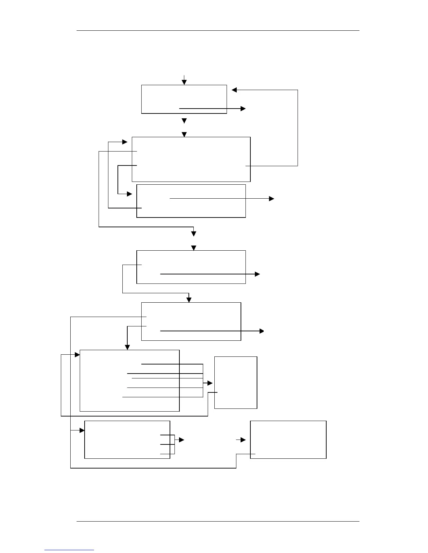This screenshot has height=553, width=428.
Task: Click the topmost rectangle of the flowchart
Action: pyautogui.click(x=184, y=99)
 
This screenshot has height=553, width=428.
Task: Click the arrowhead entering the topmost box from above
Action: pyautogui.click(x=184, y=82)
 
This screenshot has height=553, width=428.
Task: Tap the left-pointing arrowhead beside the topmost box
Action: pyautogui.click(x=234, y=90)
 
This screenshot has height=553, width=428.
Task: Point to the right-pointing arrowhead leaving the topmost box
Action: pyautogui.click(x=243, y=109)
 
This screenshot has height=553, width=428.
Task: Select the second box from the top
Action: pyautogui.click(x=191, y=159)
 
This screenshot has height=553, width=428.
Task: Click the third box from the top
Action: pyautogui.click(x=191, y=201)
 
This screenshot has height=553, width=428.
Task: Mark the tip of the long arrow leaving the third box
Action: pyautogui.click(x=272, y=199)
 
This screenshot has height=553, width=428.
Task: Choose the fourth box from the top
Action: pyautogui.click(x=191, y=267)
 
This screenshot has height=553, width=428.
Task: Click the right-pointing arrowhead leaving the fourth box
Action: pyautogui.click(x=258, y=274)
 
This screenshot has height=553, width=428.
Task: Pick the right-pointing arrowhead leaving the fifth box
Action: pyautogui.click(x=262, y=331)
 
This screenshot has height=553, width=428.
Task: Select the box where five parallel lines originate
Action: pyautogui.click(x=129, y=381)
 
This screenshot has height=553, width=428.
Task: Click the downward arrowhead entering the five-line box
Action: pyautogui.click(x=127, y=347)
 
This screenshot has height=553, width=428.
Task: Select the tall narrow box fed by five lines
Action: pyautogui.click(x=236, y=382)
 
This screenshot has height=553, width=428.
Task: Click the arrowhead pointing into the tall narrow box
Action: pyautogui.click(x=210, y=383)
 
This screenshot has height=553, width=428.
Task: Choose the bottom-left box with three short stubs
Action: pyautogui.click(x=127, y=440)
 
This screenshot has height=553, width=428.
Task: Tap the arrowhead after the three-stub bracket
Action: pyautogui.click(x=181, y=440)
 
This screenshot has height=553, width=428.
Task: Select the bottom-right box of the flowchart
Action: pyautogui.click(x=288, y=440)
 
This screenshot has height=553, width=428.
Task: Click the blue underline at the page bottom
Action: pyautogui.click(x=69, y=550)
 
